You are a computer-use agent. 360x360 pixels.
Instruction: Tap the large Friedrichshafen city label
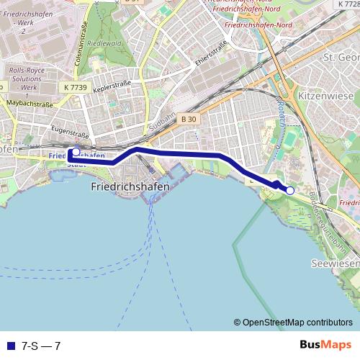click(x=131, y=186)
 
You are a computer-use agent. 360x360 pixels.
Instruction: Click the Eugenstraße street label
click(x=70, y=133)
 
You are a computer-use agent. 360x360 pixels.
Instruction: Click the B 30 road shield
click(x=189, y=119)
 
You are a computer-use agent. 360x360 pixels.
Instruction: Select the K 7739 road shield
click(x=75, y=86)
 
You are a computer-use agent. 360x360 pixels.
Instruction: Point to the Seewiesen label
click(x=335, y=265)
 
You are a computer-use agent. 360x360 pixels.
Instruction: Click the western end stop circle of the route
click(x=76, y=152)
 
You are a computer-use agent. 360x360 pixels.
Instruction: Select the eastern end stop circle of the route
click(x=290, y=190)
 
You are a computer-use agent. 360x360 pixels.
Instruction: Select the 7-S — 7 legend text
click(x=41, y=346)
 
